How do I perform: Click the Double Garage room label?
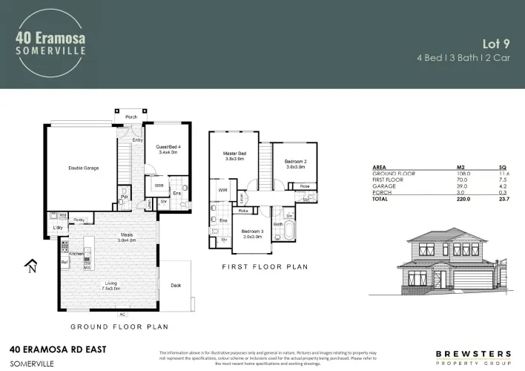click(83, 168)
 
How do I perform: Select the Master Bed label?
click(234, 154)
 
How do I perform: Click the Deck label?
click(176, 284)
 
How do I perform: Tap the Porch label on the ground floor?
click(131, 116)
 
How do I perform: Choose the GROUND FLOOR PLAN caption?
click(119, 326)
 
